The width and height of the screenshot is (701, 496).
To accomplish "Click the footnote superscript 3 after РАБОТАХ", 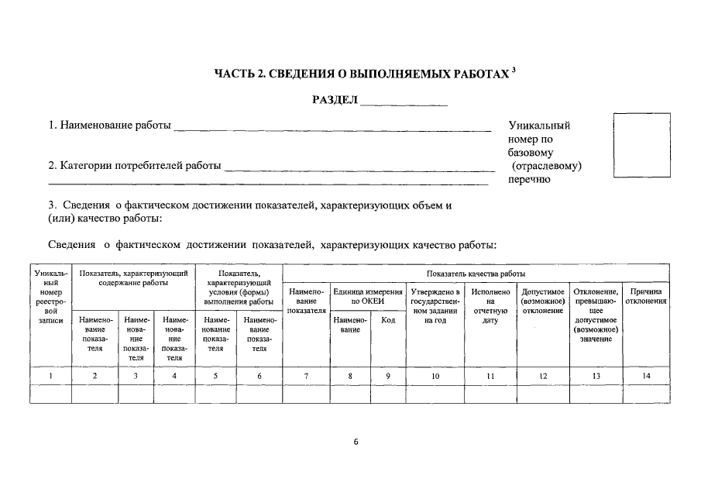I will [x=514, y=71].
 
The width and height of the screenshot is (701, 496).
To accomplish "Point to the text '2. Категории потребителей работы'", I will [x=135, y=166].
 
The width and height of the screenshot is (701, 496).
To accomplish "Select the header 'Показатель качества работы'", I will [x=476, y=274].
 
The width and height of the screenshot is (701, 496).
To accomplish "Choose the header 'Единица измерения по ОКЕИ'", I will [x=367, y=296].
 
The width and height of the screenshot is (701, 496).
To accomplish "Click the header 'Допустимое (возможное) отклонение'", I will [x=542, y=301].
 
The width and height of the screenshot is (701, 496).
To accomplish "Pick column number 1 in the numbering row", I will [x=50, y=376].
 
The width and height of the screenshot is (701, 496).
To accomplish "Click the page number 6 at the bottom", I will [x=356, y=442].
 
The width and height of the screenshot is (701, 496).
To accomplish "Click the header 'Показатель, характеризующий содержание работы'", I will [x=133, y=278].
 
